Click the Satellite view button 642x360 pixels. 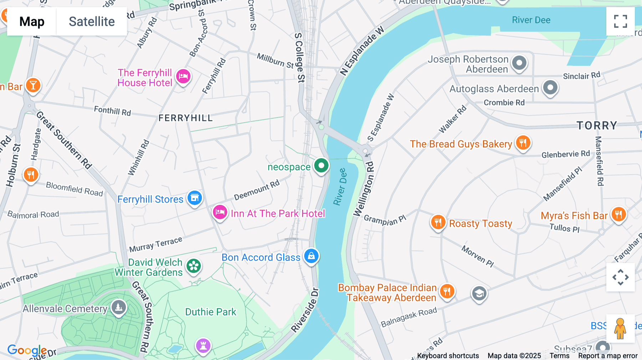point(92,22)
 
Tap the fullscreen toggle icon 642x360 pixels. point(620,21)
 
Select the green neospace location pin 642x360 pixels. point(321,166)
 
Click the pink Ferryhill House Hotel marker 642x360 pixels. point(183,76)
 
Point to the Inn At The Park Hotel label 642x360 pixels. point(277,214)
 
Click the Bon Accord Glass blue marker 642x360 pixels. point(311,256)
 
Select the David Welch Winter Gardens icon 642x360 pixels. point(194,266)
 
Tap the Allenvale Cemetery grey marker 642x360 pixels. point(118,307)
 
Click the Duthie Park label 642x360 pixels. point(210,312)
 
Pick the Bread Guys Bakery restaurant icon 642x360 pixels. point(523,143)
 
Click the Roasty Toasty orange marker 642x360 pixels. point(438,222)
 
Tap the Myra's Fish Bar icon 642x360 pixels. point(618,215)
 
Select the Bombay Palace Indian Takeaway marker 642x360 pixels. point(447,291)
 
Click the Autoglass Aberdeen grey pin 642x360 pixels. point(550,87)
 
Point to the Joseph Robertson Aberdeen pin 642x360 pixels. point(519,63)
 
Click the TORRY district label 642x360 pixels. point(597,125)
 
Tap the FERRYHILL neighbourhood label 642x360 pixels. point(185,118)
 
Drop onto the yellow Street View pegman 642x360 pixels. point(620,329)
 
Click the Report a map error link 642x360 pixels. point(608,356)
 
